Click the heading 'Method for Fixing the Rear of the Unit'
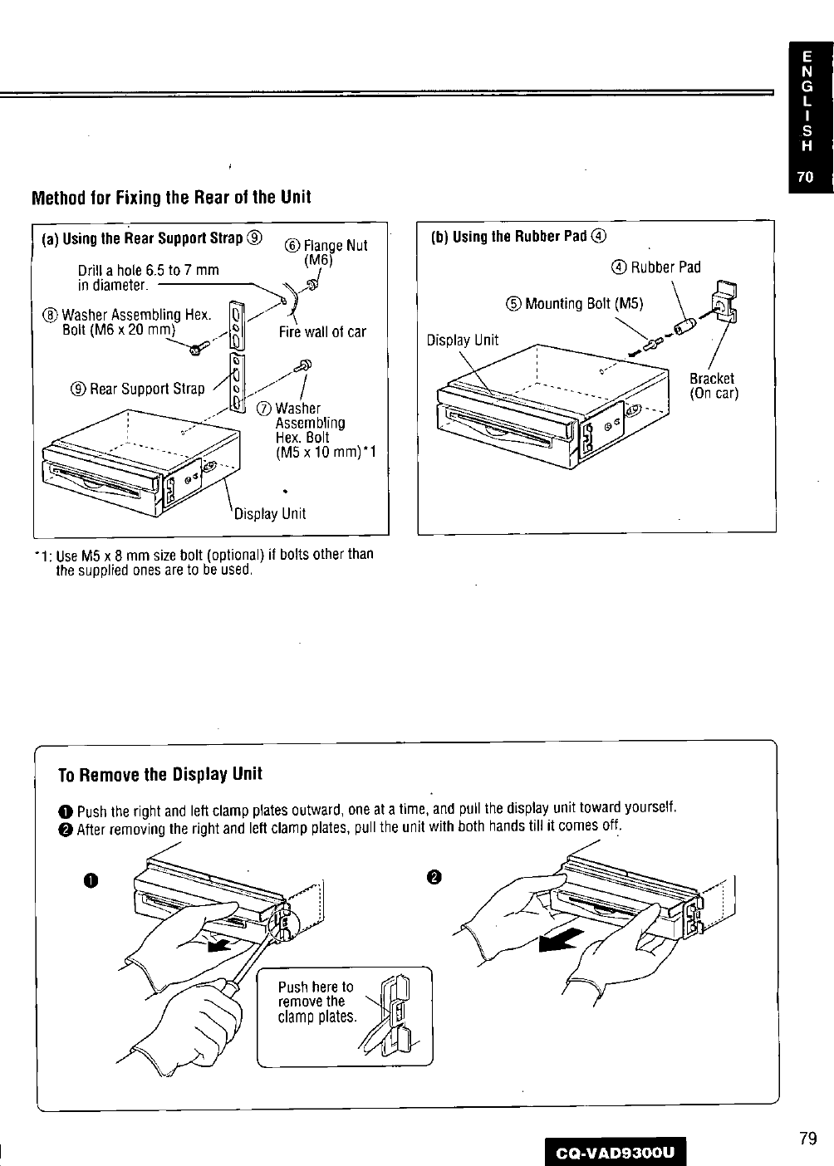(170, 198)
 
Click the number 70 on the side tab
(805, 177)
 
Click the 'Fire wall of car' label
(322, 332)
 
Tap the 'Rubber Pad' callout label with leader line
(656, 267)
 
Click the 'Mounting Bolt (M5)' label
(575, 303)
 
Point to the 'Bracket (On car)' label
(713, 385)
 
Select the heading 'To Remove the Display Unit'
(159, 774)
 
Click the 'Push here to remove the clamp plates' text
(316, 1002)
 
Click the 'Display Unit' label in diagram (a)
(270, 513)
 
